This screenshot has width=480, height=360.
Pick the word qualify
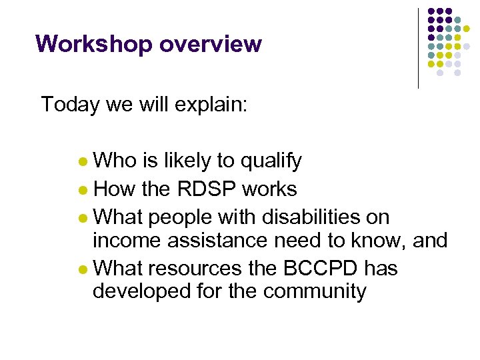[270, 161]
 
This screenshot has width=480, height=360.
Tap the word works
[270, 189]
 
